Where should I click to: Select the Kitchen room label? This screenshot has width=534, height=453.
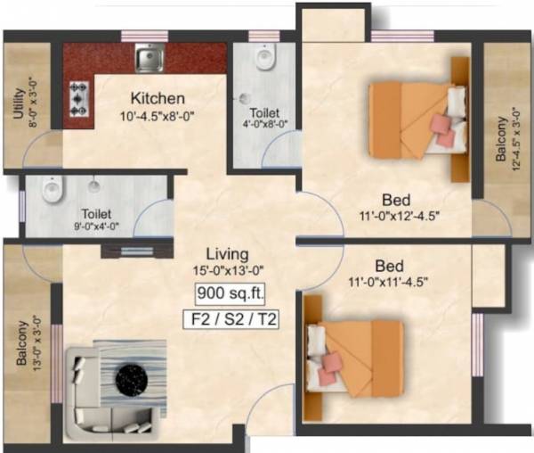(x=158, y=98)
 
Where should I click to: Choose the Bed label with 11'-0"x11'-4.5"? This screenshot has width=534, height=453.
(x=391, y=267)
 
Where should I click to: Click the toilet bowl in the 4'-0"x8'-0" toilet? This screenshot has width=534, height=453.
(x=264, y=60)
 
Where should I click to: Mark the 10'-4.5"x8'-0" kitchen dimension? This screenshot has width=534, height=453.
(x=158, y=114)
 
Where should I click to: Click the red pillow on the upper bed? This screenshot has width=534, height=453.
(x=442, y=123)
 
